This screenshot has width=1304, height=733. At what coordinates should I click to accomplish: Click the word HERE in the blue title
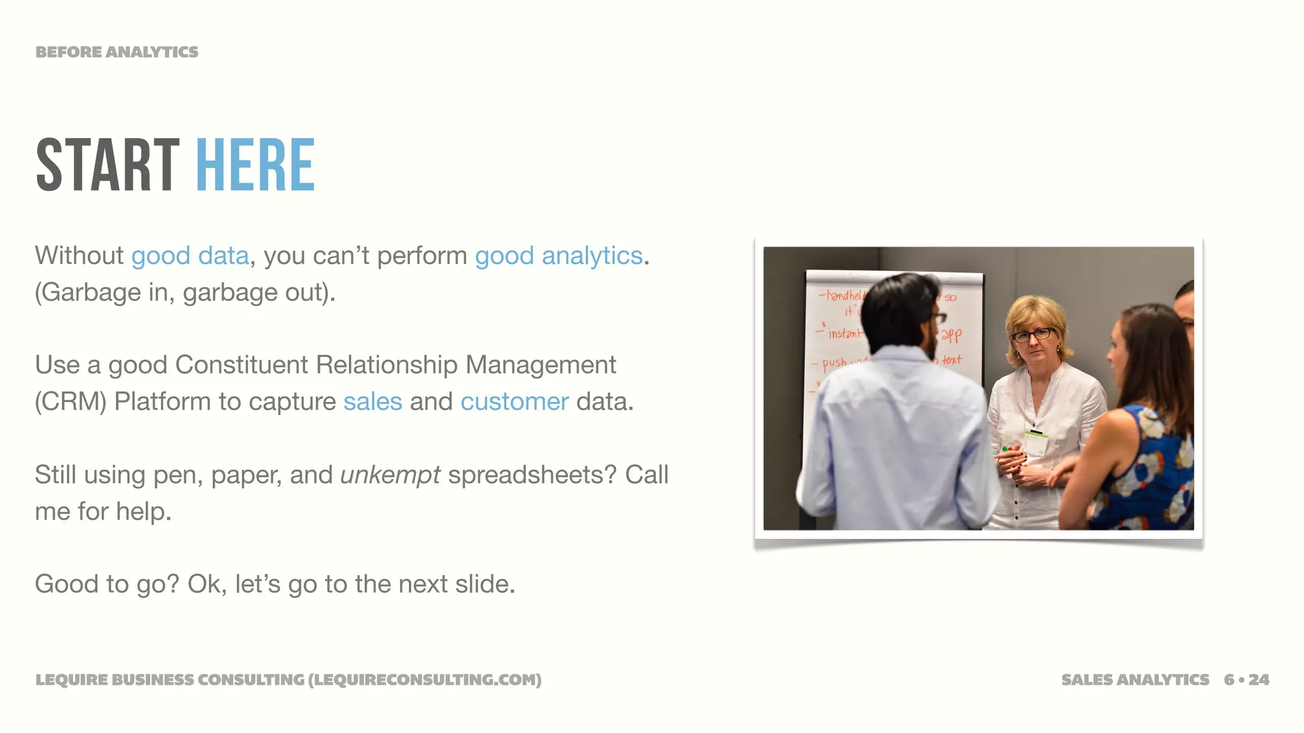pyautogui.click(x=255, y=165)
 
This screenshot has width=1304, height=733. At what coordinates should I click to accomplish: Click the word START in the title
pyautogui.click(x=108, y=165)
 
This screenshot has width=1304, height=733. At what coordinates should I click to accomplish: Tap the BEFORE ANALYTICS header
pyautogui.click(x=117, y=52)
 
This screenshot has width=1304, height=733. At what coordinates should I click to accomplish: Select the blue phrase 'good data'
pyautogui.click(x=190, y=256)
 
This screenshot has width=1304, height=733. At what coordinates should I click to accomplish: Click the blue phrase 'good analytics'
pyautogui.click(x=558, y=256)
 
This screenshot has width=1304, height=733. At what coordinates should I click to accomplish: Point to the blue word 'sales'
pyautogui.click(x=372, y=402)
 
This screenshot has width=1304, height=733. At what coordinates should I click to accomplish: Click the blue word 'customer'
pyautogui.click(x=514, y=402)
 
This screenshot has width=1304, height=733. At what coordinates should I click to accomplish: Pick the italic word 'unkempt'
pyautogui.click(x=390, y=475)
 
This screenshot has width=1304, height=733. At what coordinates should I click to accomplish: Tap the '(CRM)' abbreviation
pyautogui.click(x=71, y=402)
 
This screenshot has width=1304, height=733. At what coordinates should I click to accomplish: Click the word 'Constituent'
pyautogui.click(x=241, y=365)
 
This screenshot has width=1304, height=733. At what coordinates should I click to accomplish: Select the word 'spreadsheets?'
pyautogui.click(x=532, y=475)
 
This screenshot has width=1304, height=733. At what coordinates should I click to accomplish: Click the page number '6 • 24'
pyautogui.click(x=1246, y=680)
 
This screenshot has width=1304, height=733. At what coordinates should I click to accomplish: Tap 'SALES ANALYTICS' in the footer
pyautogui.click(x=1135, y=680)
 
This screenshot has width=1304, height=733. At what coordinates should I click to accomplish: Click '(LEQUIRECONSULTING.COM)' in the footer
pyautogui.click(x=425, y=680)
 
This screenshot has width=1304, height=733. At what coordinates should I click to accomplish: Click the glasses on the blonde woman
pyautogui.click(x=1033, y=334)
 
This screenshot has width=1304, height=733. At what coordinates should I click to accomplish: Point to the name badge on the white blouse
pyautogui.click(x=1036, y=442)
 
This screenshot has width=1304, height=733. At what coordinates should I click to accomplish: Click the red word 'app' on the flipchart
pyautogui.click(x=951, y=335)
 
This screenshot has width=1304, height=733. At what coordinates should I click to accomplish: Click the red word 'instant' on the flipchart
pyautogui.click(x=844, y=332)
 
